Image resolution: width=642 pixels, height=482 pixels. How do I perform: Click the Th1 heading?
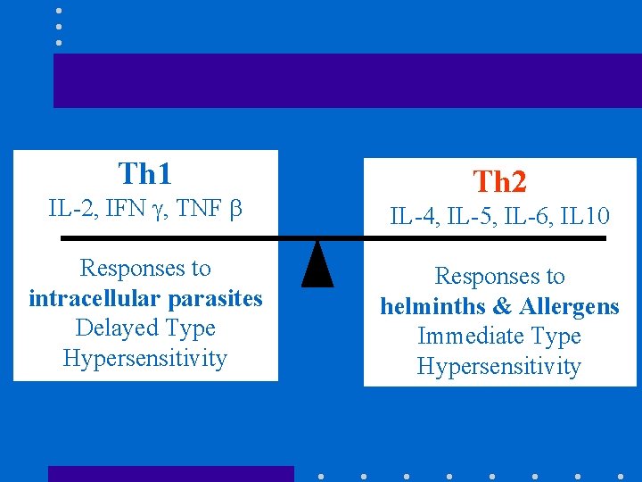(x=144, y=172)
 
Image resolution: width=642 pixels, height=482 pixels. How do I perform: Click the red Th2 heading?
(x=499, y=182)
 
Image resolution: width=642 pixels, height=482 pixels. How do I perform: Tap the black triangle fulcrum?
(x=317, y=265)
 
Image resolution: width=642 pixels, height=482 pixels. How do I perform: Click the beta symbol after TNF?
(x=235, y=211)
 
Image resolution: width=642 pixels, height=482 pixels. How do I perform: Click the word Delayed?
(x=109, y=328)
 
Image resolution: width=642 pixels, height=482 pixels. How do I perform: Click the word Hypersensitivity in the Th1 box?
(x=144, y=359)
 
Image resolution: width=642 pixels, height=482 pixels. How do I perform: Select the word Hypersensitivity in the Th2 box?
(x=498, y=367)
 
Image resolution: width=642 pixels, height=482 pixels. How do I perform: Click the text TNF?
(x=198, y=210)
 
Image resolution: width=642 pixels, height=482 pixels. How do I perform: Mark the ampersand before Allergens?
(x=502, y=307)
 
